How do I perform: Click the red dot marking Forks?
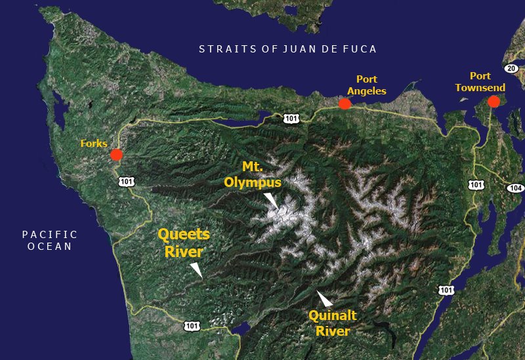pyautogui.click(x=116, y=155)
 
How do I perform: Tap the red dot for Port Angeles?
pyautogui.click(x=345, y=104)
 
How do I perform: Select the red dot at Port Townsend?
pyautogui.click(x=493, y=102)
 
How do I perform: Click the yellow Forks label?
pyautogui.click(x=94, y=143)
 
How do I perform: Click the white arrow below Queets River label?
pyautogui.click(x=196, y=269)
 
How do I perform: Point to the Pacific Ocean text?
pyautogui.click(x=49, y=241)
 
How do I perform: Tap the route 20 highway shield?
pyautogui.click(x=512, y=68)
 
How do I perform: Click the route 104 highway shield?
pyautogui.click(x=515, y=188)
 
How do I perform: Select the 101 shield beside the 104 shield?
pyautogui.click(x=476, y=185)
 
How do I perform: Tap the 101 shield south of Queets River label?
pyautogui.click(x=192, y=325)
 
